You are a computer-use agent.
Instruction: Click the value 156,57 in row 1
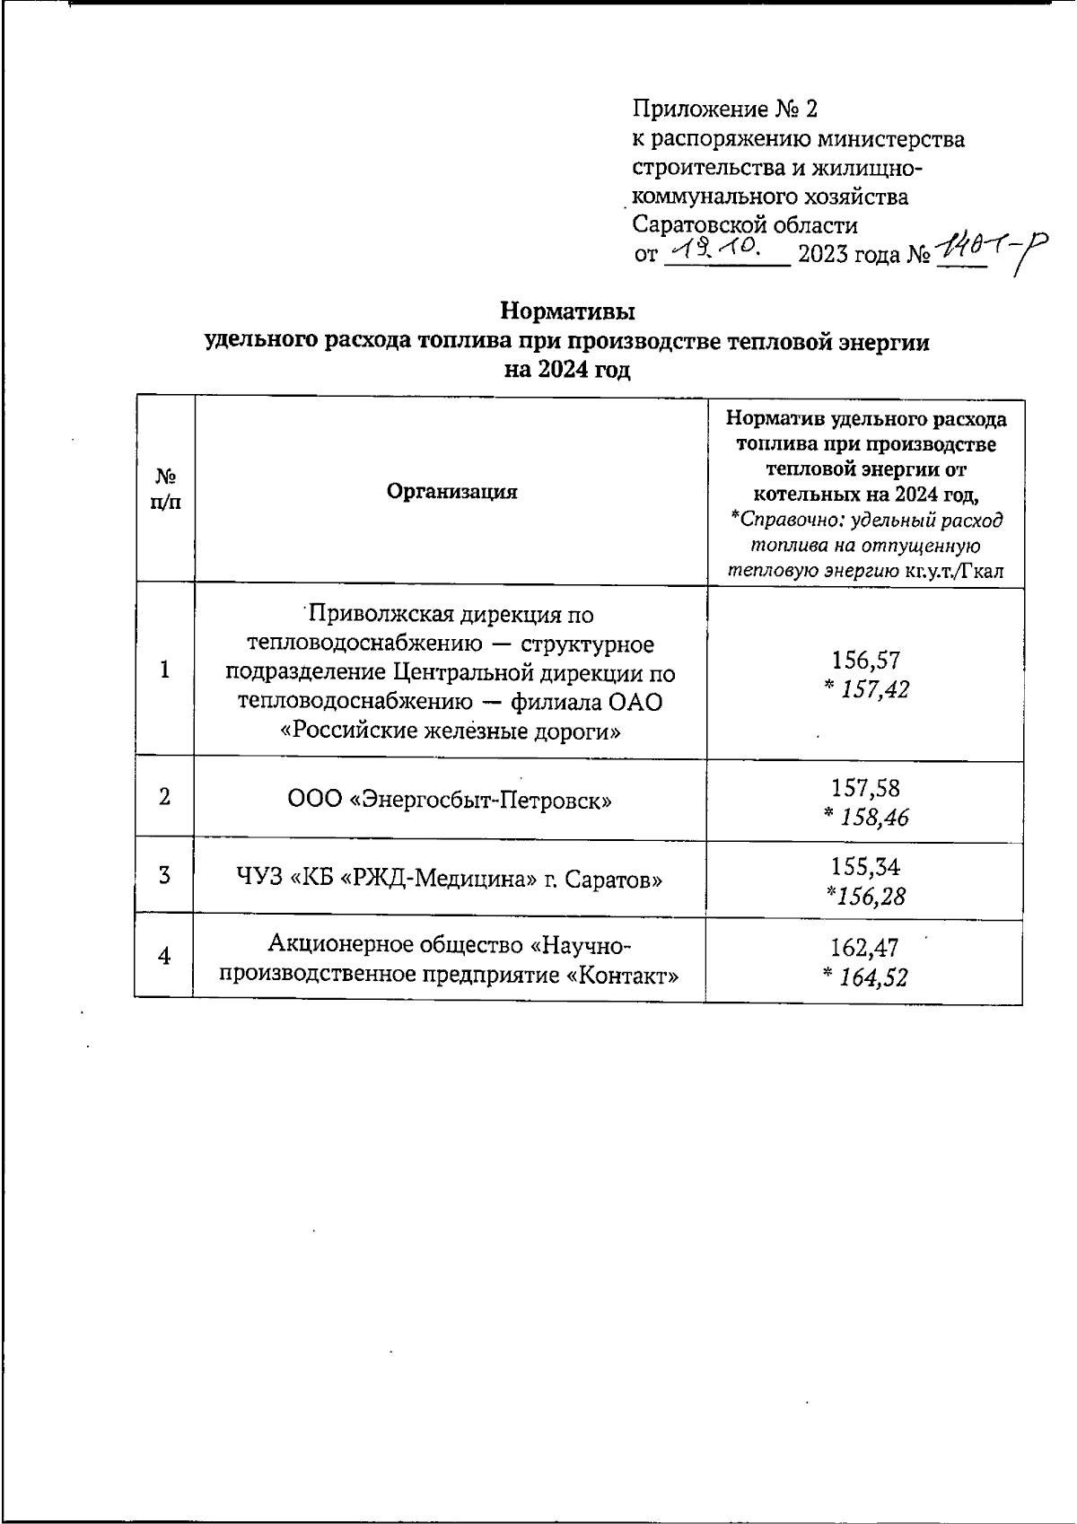click(x=865, y=661)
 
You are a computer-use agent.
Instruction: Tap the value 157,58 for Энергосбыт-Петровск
click(x=865, y=787)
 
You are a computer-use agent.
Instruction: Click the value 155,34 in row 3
click(x=865, y=866)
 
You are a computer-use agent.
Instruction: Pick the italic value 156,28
click(x=865, y=896)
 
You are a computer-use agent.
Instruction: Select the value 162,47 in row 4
click(x=865, y=947)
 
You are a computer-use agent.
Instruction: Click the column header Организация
click(x=451, y=491)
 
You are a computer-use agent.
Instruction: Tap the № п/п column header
click(x=165, y=489)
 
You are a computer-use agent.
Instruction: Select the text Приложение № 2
click(x=725, y=109)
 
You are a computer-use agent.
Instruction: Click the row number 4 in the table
click(x=164, y=957)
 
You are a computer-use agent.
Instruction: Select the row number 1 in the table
click(x=164, y=670)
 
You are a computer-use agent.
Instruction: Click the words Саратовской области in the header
click(x=745, y=224)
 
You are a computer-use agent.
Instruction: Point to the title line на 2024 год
click(x=567, y=370)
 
